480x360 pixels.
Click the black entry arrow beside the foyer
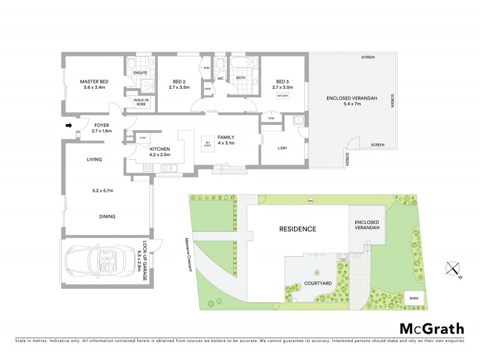point(68,125)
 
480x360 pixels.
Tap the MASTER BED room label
point(95,82)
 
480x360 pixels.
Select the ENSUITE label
point(140,73)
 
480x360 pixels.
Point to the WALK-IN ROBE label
point(141,103)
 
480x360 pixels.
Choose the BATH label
point(241,77)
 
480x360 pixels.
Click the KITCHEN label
point(160,149)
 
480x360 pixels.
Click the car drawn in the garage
point(100,262)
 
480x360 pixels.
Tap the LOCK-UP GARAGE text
point(143,262)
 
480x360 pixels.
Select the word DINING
point(108,217)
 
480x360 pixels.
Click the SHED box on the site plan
point(414,298)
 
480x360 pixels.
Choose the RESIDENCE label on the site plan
point(298,229)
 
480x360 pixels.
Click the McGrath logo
point(431,328)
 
